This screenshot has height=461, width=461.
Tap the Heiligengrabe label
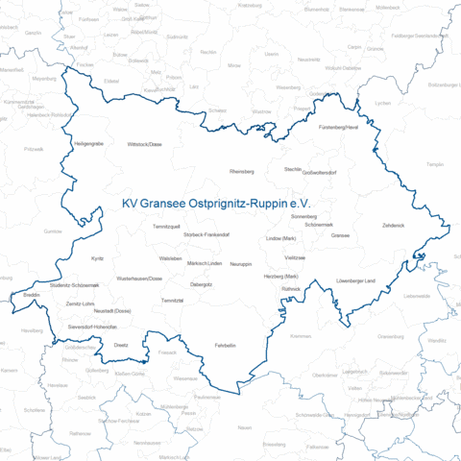(x=88, y=143)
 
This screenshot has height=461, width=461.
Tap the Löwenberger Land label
(x=382, y=280)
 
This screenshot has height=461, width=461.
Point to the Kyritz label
(x=97, y=258)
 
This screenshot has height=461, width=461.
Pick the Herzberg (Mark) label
(x=281, y=276)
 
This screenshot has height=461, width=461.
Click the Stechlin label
(x=293, y=168)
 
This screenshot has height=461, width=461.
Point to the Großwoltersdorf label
(x=320, y=173)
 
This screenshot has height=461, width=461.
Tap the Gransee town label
(x=340, y=234)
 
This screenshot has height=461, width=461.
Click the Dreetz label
(x=121, y=343)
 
